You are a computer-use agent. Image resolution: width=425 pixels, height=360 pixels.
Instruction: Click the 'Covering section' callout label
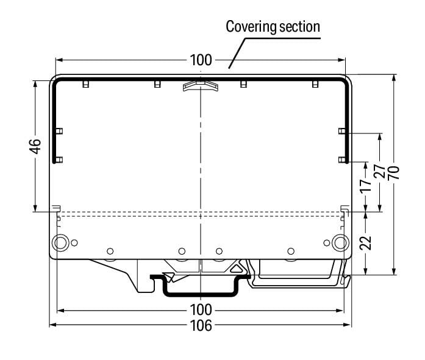click(x=273, y=26)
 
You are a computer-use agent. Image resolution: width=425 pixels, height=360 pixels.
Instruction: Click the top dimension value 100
click(x=201, y=60)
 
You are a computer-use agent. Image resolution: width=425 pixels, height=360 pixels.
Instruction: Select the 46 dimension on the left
click(x=35, y=146)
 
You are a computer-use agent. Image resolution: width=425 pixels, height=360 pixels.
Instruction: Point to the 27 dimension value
click(x=380, y=172)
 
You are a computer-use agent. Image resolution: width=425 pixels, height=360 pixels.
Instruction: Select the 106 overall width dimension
click(x=201, y=325)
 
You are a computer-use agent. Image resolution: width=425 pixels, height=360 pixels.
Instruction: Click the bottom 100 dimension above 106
click(x=201, y=309)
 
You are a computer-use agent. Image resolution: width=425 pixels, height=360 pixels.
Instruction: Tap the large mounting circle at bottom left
click(x=60, y=242)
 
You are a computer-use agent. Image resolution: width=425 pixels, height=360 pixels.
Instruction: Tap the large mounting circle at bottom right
click(x=340, y=242)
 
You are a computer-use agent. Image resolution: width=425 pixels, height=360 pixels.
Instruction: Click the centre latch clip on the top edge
click(x=200, y=85)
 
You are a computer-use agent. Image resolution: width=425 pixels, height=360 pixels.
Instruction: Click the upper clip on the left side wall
click(x=59, y=131)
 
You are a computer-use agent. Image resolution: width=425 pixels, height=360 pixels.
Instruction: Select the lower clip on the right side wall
click(x=342, y=160)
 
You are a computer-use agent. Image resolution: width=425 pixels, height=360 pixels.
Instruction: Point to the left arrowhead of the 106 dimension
click(x=52, y=325)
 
